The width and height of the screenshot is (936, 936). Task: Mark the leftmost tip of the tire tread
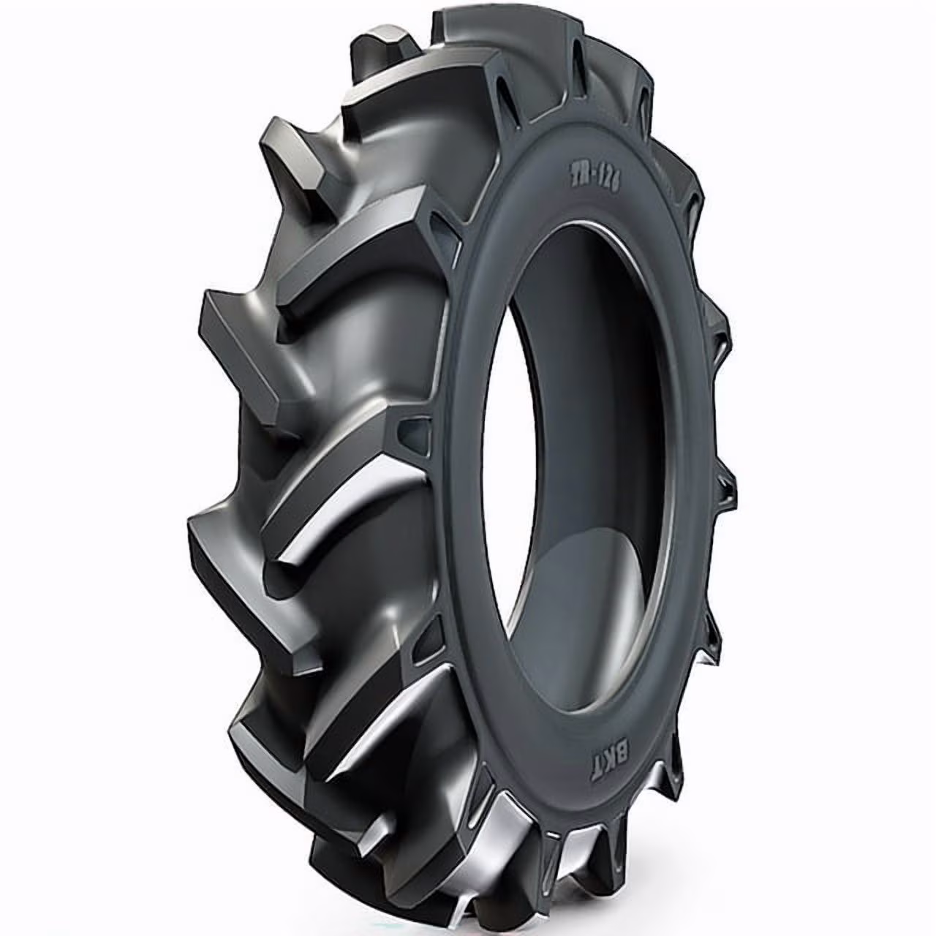coord(192,526)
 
